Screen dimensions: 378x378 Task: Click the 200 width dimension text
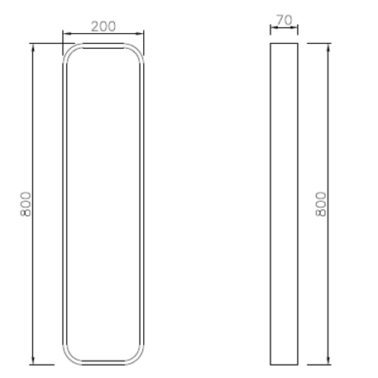click(x=103, y=26)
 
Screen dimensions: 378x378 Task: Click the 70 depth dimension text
click(x=284, y=19)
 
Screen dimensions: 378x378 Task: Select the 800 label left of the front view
click(x=26, y=203)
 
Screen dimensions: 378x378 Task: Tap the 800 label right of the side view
click(x=322, y=203)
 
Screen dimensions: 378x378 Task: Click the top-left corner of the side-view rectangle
click(x=271, y=43)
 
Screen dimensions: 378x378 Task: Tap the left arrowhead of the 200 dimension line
click(x=65, y=34)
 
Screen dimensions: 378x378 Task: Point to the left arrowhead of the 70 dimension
click(x=273, y=28)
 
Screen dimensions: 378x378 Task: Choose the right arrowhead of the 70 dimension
click(x=296, y=28)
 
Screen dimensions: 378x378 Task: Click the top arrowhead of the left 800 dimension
click(x=33, y=46)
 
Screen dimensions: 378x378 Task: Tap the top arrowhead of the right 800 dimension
click(x=328, y=46)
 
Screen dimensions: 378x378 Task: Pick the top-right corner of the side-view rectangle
click(x=298, y=43)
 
